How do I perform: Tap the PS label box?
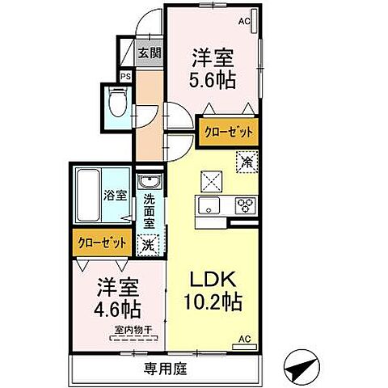pos(125,77)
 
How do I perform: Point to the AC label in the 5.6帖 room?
pos(244,21)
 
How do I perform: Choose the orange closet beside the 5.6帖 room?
pos(228,132)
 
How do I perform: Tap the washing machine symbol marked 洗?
pos(147,242)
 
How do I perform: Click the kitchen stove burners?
pos(245,205)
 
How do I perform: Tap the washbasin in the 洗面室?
pos(147,181)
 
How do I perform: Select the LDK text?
pos(213,278)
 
